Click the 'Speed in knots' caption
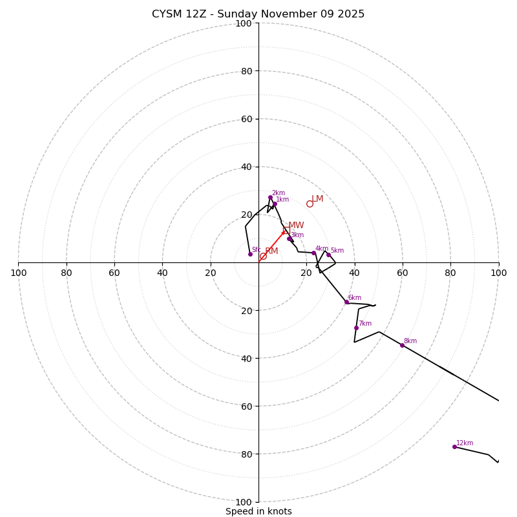(x=258, y=511)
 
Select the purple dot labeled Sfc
(x=250, y=254)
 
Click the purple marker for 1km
(x=275, y=204)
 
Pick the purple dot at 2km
(x=270, y=198)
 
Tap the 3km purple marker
(x=289, y=239)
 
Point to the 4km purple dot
(x=313, y=253)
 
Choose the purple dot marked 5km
(x=328, y=255)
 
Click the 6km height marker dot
(x=346, y=302)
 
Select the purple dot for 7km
(x=356, y=328)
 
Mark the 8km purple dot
(x=402, y=345)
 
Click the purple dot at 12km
(x=454, y=447)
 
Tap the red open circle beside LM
(x=310, y=204)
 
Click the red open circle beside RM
(x=263, y=257)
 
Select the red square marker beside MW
(x=286, y=231)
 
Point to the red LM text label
(x=317, y=199)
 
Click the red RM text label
(x=271, y=251)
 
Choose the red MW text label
(x=296, y=226)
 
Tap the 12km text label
(x=465, y=443)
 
